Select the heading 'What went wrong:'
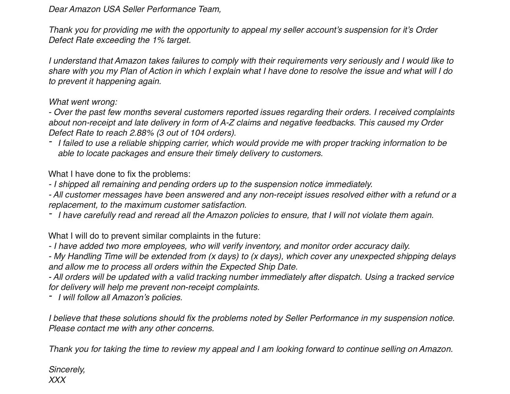coord(83,102)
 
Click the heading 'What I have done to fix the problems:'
coord(119,174)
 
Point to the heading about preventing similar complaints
coord(154,236)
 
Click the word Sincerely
coord(67,370)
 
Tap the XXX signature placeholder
coord(57,380)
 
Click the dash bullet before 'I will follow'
coord(50,296)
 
